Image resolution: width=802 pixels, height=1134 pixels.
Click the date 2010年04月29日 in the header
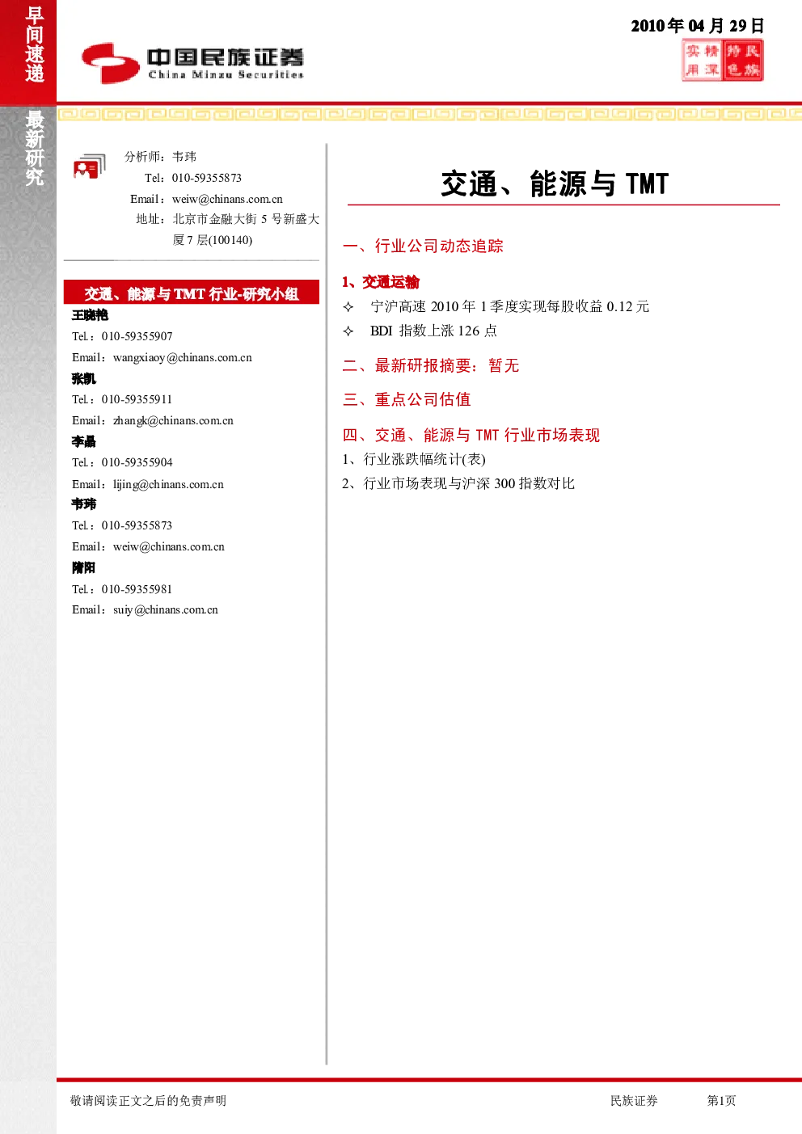pos(697,25)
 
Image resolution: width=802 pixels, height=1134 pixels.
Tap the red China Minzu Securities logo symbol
pos(111,63)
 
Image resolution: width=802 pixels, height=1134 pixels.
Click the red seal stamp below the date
pos(723,61)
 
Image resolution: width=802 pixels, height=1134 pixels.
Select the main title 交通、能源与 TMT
pos(555,183)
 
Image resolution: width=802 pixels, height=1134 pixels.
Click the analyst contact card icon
pos(90,166)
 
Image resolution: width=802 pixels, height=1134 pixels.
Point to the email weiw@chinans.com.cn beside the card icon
pos(227,199)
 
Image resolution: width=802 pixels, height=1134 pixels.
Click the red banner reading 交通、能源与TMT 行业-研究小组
pos(192,292)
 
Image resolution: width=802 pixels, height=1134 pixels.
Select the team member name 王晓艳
pos(90,315)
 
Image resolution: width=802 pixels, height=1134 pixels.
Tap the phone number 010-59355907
pos(137,336)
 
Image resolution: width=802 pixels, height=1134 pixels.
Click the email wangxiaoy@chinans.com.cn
pos(182,357)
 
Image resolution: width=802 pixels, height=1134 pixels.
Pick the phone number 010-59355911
pos(137,399)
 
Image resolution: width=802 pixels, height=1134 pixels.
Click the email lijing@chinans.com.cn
pos(168,484)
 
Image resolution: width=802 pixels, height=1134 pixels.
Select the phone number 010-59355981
pos(137,588)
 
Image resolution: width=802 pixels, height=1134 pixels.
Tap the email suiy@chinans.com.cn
pos(166,610)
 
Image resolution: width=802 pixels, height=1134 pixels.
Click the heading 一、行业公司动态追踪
pos(423,246)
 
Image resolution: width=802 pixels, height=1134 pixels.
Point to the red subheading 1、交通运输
pos(381,282)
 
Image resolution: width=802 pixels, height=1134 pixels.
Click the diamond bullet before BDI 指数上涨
pos(348,331)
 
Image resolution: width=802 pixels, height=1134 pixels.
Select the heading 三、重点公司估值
pos(407,399)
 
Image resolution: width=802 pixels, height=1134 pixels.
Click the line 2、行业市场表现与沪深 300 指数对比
pos(458,483)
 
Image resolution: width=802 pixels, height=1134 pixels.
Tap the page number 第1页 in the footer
pos(721,1100)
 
